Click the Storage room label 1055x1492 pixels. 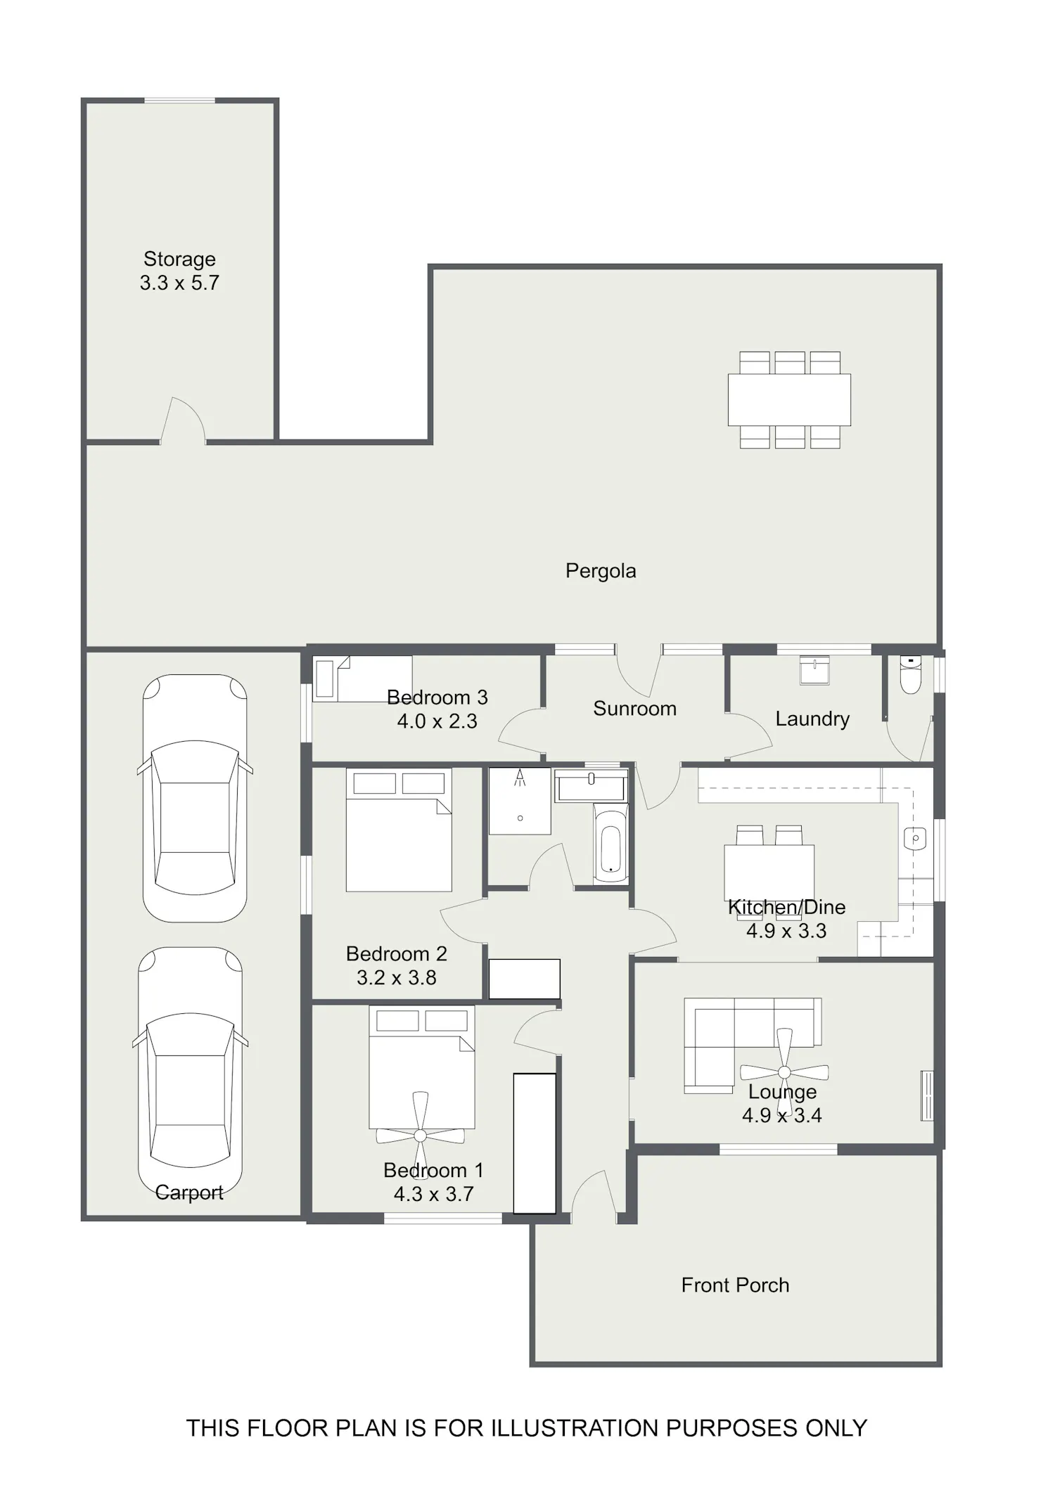(x=179, y=259)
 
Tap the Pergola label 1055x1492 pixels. (x=601, y=570)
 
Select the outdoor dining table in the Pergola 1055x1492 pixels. (x=789, y=400)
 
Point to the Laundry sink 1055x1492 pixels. (x=815, y=670)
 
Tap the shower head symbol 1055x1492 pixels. (x=520, y=778)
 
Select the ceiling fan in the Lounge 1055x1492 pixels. (x=784, y=1074)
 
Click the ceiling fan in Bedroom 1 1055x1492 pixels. (x=420, y=1136)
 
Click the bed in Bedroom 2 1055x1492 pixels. (x=399, y=830)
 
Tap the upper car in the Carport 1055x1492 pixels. (x=195, y=798)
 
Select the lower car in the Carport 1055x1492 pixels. (x=190, y=1070)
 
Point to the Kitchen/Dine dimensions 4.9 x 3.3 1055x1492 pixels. (x=786, y=931)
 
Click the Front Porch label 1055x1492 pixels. (x=735, y=1285)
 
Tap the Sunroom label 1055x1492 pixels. (x=634, y=709)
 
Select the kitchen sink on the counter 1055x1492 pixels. (x=914, y=838)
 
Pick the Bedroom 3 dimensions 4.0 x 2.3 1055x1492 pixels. (x=437, y=721)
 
